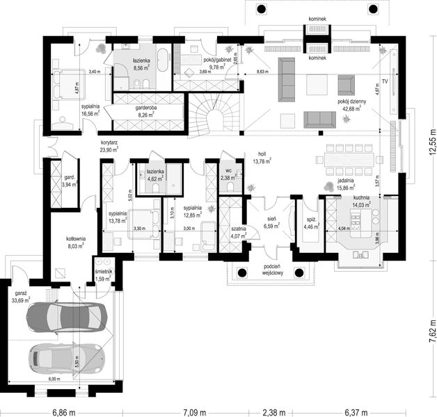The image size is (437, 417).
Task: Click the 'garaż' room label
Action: tap(18, 295)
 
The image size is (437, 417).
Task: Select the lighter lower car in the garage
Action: tap(65, 358)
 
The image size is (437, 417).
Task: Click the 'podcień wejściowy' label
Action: tap(271, 270)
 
